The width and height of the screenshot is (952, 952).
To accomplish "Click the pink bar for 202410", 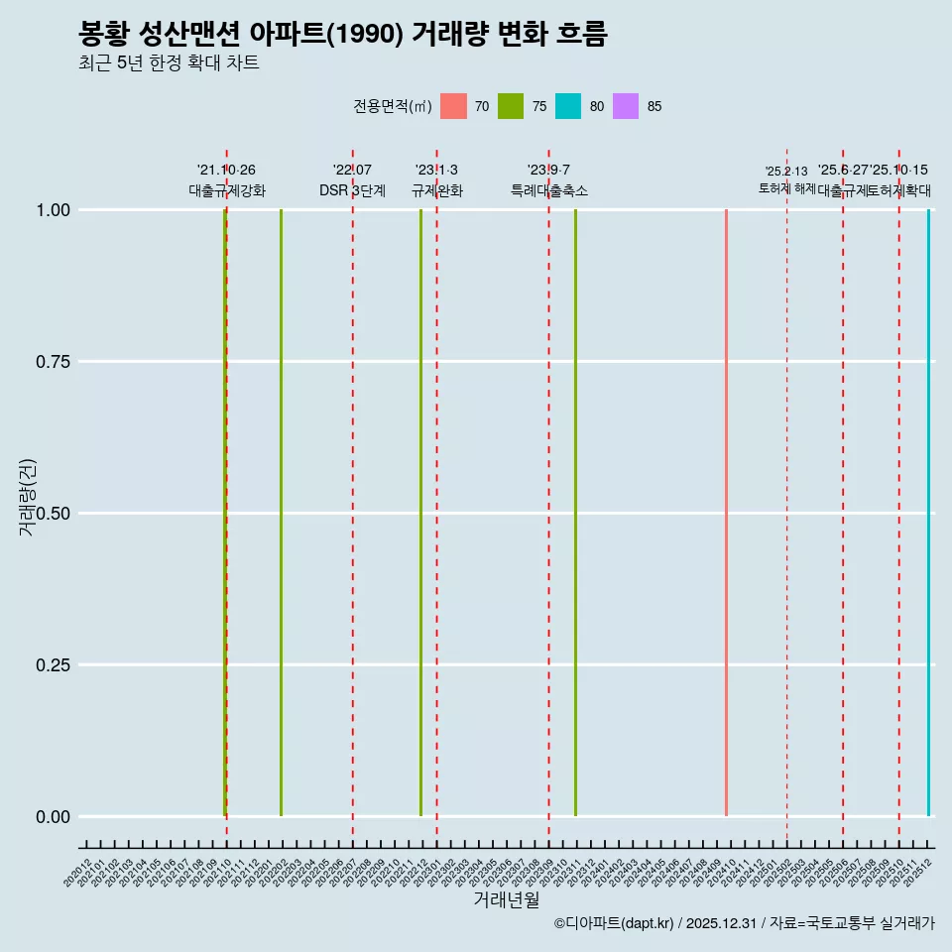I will pyautogui.click(x=726, y=513).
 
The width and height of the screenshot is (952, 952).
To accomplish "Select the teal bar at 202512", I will pyautogui.click(x=928, y=513).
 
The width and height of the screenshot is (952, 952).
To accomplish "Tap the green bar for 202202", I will pyautogui.click(x=281, y=513).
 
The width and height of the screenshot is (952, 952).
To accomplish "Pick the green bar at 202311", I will pyautogui.click(x=575, y=513).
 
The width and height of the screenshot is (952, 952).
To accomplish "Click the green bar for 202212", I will pyautogui.click(x=420, y=513).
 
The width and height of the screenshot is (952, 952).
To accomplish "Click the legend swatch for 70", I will pyautogui.click(x=453, y=106).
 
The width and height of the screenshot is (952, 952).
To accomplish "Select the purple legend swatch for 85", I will pyautogui.click(x=626, y=106).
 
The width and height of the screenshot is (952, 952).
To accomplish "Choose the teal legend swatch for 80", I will pyautogui.click(x=568, y=106).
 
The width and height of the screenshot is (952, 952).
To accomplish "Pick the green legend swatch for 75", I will pyautogui.click(x=511, y=106).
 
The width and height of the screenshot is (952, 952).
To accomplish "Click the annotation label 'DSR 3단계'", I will pyautogui.click(x=352, y=190).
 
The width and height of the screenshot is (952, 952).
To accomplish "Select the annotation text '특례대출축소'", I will pyautogui.click(x=548, y=190).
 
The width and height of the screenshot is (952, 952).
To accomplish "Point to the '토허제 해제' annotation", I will pyautogui.click(x=786, y=187).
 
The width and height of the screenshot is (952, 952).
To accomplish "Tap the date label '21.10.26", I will pyautogui.click(x=226, y=171).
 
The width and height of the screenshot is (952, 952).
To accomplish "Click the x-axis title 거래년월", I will pyautogui.click(x=506, y=900).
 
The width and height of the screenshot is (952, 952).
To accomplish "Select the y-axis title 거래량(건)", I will pyautogui.click(x=28, y=497).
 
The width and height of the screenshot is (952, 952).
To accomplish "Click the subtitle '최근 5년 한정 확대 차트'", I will pyautogui.click(x=169, y=63).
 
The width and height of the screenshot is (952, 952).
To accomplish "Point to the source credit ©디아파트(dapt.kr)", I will pyautogui.click(x=615, y=923).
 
